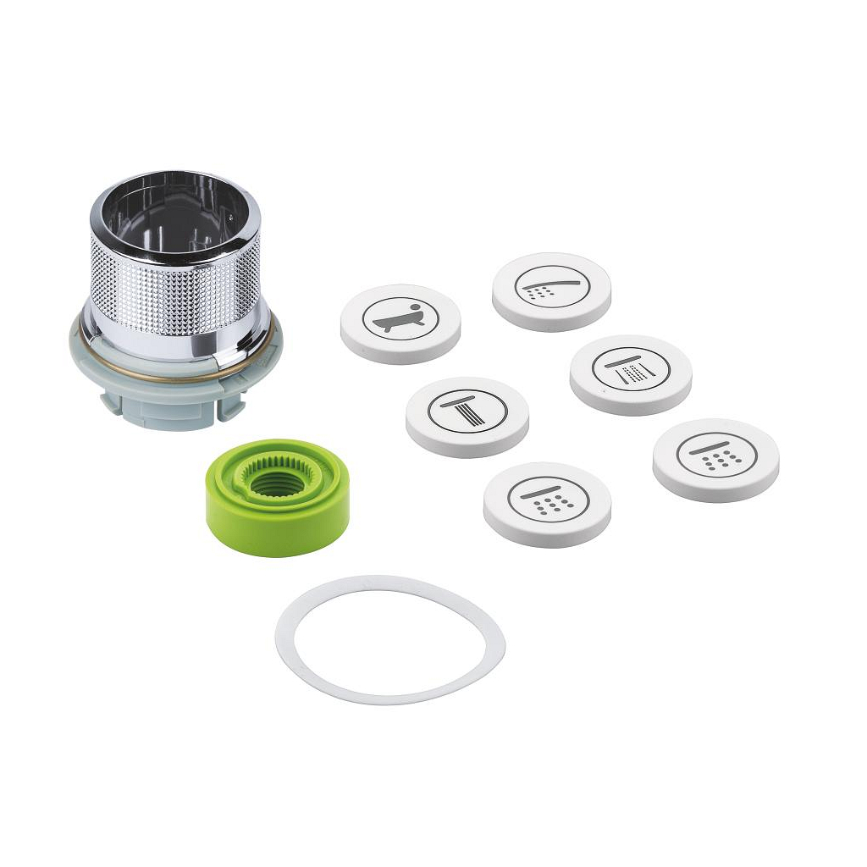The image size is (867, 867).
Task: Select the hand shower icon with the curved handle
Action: click(551, 286)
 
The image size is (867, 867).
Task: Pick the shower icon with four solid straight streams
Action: click(467, 413)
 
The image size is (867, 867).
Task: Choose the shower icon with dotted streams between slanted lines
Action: click(631, 370)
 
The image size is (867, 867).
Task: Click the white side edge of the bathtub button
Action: click(398, 354)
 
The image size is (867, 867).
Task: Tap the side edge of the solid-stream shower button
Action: click(466, 448)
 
